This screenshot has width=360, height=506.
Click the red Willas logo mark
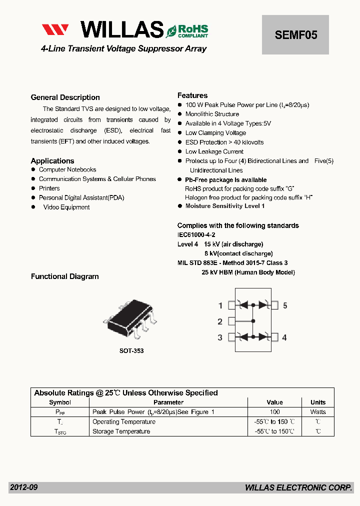coord(55,30)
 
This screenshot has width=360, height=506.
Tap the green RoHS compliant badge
coord(187,30)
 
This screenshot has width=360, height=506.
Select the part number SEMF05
coord(295,35)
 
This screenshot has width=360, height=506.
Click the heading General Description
coord(65,97)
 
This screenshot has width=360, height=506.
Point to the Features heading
coord(192,95)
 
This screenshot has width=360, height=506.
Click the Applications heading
coord(52,161)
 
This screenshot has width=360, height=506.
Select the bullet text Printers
coord(49,188)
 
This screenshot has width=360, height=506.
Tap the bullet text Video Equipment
coord(66,207)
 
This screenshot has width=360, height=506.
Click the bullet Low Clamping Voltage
coord(215,133)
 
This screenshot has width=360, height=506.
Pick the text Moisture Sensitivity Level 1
coord(225,206)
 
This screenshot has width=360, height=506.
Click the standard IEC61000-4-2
coord(196,234)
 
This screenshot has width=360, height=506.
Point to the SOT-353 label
coord(131,351)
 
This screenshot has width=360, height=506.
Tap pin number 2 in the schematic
coord(220,321)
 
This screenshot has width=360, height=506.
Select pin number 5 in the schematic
coord(285,305)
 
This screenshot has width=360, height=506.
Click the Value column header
coord(274,402)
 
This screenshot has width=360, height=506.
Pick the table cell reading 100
coord(274,412)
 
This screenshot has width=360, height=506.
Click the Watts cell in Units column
coord(318,412)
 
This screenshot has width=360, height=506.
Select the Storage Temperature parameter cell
coord(121,431)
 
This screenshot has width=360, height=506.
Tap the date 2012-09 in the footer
coord(23,487)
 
